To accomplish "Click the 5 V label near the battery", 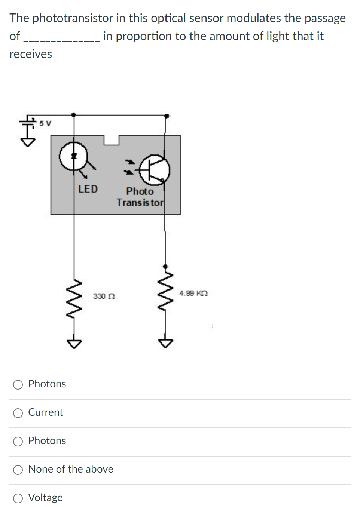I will [45, 123].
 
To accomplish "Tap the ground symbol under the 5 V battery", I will [28, 142].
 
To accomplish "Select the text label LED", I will [88, 189].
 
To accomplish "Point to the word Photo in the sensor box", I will [140, 191].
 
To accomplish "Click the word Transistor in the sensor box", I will [140, 202].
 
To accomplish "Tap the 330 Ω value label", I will [104, 296].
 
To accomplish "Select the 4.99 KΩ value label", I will [193, 293].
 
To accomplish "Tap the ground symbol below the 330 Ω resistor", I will [74, 343].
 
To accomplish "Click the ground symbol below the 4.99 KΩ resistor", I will [165, 342].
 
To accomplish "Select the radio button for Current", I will [18, 413].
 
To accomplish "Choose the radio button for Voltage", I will [18, 498].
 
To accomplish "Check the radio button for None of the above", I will [18, 470].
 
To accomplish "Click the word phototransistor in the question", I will [73, 18].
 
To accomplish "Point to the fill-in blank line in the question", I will [61, 37].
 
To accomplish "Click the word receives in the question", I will [31, 54].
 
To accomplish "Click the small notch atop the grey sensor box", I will [111, 140].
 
